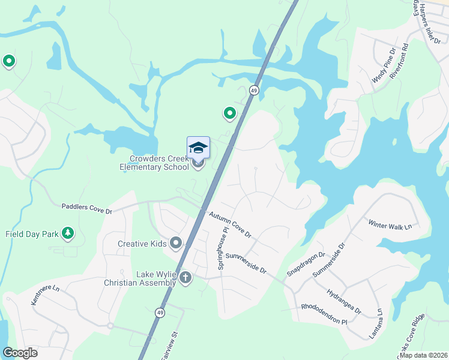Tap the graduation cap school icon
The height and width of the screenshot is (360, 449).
point(198,148)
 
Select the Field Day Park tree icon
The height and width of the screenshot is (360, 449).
point(68,233)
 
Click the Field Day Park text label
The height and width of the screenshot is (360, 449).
point(32,234)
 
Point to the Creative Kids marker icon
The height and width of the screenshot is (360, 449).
point(176,243)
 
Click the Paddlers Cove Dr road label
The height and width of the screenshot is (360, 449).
point(87,208)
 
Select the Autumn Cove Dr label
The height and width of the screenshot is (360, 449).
point(229,223)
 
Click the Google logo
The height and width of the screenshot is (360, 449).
point(20,353)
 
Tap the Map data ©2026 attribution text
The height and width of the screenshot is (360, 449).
point(423,355)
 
